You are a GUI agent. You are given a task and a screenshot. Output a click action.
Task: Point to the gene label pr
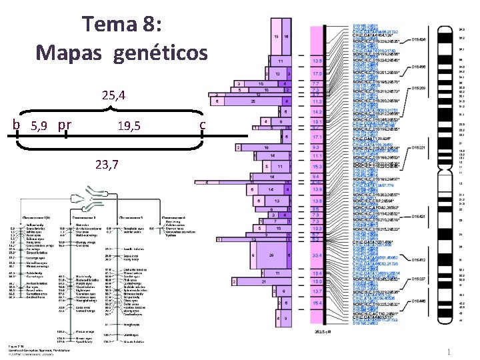(x=65, y=125)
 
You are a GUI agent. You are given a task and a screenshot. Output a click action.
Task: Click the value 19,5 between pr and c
(x=128, y=125)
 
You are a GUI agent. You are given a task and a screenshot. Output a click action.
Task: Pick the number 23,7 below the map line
(x=107, y=165)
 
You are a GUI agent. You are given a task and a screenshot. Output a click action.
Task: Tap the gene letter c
(x=203, y=125)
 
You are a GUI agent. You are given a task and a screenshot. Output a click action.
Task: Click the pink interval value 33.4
(x=317, y=255)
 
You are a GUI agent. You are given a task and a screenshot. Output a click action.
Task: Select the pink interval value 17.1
(x=317, y=137)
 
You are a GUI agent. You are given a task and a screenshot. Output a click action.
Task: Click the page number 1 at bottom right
(x=451, y=351)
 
